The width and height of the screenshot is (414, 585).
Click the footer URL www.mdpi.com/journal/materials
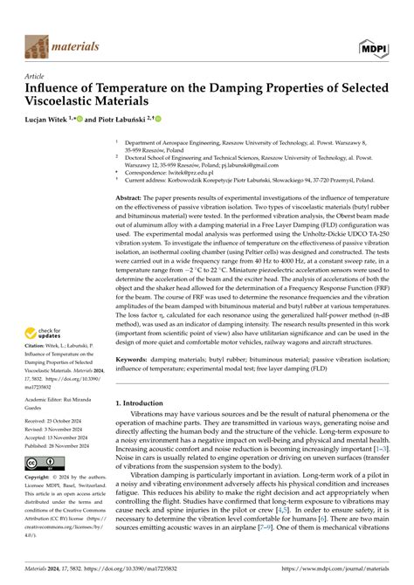point(344,568)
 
